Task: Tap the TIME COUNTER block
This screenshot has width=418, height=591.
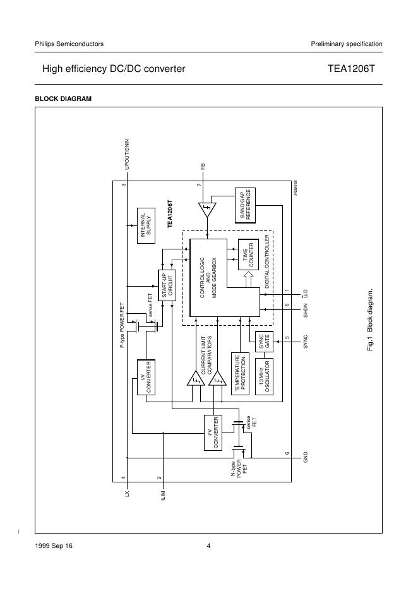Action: coord(248,254)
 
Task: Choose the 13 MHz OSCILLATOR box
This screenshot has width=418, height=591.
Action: coord(264,377)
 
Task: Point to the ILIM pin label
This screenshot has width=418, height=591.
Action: coord(163,494)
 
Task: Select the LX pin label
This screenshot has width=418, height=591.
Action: coord(127,495)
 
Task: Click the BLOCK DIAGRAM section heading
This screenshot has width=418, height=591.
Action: coord(63,98)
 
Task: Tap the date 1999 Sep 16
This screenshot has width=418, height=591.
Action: coord(54,546)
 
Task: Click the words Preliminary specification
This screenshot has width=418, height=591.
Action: coord(346,44)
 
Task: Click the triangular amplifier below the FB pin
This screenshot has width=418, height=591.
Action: coord(206,209)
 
